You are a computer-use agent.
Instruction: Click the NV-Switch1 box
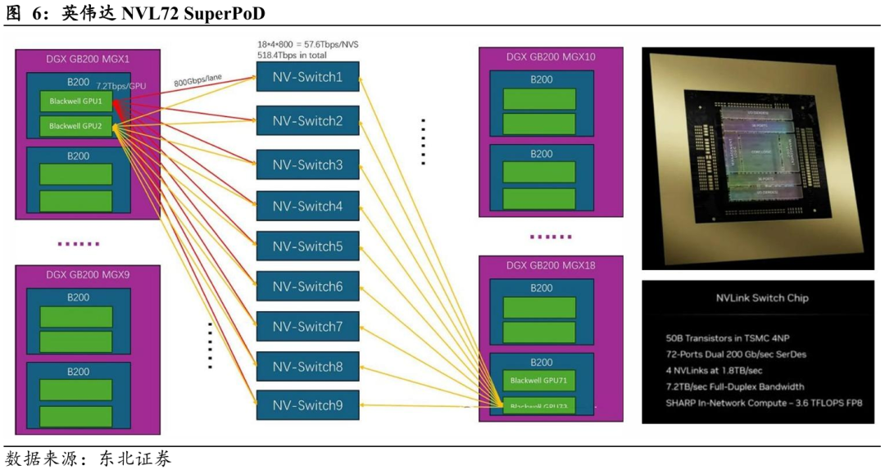pyautogui.click(x=306, y=78)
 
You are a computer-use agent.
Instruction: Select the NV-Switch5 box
pyautogui.click(x=306, y=246)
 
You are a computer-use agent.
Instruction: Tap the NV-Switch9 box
pyautogui.click(x=306, y=405)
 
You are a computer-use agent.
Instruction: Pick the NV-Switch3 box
pyautogui.click(x=306, y=165)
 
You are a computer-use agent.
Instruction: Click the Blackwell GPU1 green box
pyautogui.click(x=75, y=102)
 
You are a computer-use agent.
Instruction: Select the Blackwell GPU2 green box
pyautogui.click(x=75, y=126)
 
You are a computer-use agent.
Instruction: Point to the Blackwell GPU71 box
pyautogui.click(x=538, y=381)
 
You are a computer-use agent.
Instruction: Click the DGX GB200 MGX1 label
pyautogui.click(x=88, y=60)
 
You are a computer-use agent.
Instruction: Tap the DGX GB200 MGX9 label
pyautogui.click(x=88, y=275)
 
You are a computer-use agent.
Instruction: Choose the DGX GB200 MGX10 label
pyautogui.click(x=550, y=57)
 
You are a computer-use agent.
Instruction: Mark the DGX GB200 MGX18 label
pyautogui.click(x=550, y=265)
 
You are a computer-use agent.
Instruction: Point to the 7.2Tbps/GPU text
pyautogui.click(x=121, y=85)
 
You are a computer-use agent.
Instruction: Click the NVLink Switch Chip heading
pyautogui.click(x=762, y=298)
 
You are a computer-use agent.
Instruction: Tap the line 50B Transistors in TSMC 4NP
pyautogui.click(x=728, y=337)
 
